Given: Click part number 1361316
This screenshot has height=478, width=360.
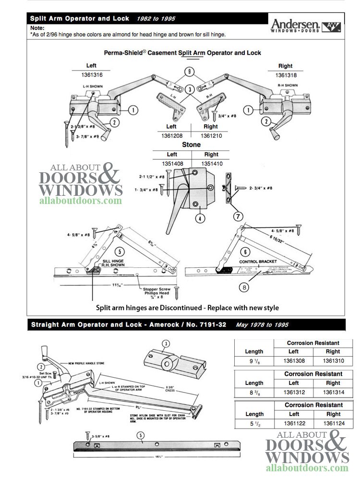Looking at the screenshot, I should tap(91, 75).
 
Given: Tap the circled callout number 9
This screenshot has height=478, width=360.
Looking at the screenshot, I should tap(192, 73).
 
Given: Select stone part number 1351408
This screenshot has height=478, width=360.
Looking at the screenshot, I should tap(171, 164).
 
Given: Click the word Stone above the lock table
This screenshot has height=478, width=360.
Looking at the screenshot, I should tap(191, 144).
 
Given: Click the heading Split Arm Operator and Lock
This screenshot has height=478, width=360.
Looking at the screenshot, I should tap(79, 19).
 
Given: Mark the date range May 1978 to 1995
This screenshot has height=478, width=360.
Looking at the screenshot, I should tap(262, 324).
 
